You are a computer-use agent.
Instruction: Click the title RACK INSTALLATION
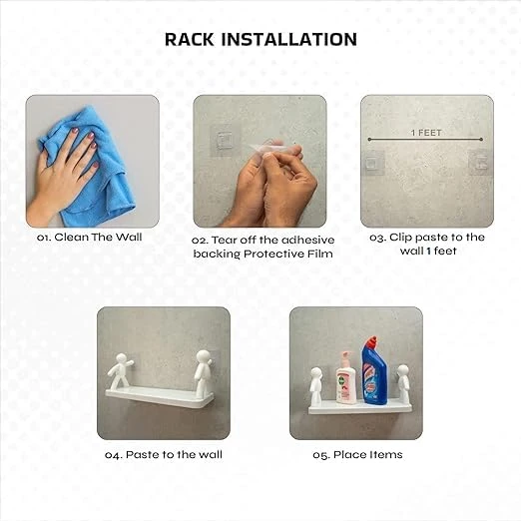(260, 40)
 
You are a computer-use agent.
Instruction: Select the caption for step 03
(426, 245)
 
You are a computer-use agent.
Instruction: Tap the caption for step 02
(261, 247)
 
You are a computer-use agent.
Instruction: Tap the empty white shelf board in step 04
(159, 401)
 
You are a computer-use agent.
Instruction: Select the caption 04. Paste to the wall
(163, 454)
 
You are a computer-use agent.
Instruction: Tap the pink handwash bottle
(345, 380)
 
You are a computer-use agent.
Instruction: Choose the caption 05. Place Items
(357, 454)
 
